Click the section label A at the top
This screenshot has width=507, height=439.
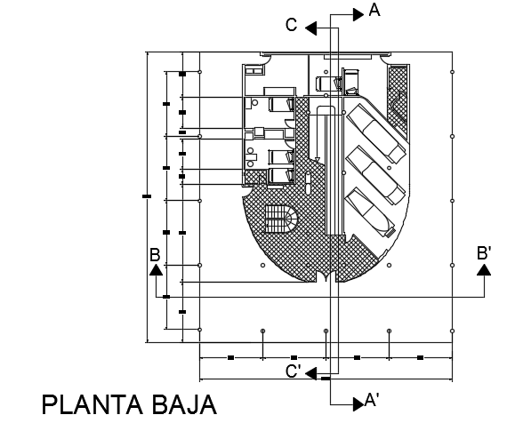[374, 10]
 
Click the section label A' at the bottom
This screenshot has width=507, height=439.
[374, 402]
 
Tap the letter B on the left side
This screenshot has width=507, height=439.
[155, 255]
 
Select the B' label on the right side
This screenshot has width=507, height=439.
[485, 252]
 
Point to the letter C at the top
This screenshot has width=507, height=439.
[291, 26]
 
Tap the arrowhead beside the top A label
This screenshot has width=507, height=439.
[358, 12]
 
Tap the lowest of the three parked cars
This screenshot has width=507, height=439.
[369, 211]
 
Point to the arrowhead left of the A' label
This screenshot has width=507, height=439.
[358, 402]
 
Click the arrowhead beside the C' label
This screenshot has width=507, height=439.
[312, 374]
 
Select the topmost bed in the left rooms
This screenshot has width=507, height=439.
[281, 101]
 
